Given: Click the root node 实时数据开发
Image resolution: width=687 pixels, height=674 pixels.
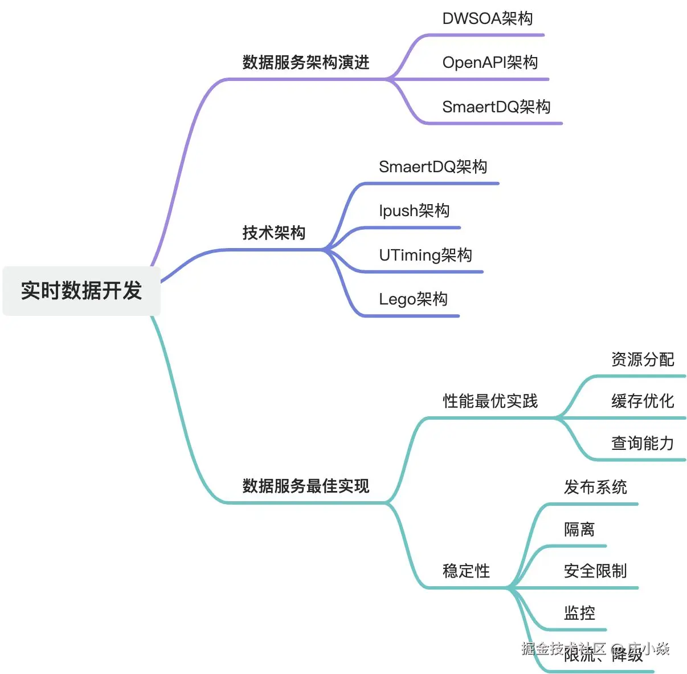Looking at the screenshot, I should (x=81, y=291).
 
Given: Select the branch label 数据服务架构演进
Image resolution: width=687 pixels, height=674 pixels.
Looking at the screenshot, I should (x=306, y=62).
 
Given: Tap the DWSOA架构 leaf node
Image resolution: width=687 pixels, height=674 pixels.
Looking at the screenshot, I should (x=488, y=19).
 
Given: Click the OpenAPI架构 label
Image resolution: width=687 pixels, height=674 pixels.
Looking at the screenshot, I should (x=490, y=63).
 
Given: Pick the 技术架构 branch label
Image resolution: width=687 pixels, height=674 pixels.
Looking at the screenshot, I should (x=274, y=233).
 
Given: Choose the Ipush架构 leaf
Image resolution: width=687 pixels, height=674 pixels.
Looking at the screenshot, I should (x=414, y=211).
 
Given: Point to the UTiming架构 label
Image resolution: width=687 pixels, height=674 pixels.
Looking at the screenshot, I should (x=426, y=255).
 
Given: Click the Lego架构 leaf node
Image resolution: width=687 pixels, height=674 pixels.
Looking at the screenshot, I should (x=413, y=299).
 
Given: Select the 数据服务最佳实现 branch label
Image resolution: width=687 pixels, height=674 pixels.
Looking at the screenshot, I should (x=306, y=486).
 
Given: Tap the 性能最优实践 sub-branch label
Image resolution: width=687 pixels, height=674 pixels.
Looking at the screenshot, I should (x=490, y=401).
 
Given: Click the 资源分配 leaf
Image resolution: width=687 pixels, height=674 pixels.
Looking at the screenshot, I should (x=643, y=359).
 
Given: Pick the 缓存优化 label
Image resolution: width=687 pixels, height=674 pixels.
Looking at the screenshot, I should (x=643, y=401).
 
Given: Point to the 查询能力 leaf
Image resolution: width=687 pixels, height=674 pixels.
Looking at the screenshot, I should (x=643, y=443).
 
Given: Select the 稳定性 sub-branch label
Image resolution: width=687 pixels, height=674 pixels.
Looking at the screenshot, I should (x=466, y=571).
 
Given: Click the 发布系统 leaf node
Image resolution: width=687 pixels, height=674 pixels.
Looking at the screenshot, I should (x=595, y=487).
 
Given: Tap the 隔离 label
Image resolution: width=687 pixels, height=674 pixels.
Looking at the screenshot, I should (x=579, y=529).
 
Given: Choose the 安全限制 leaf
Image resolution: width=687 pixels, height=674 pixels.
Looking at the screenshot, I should (x=595, y=571).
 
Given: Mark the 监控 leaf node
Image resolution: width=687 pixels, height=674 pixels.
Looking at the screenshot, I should (x=579, y=613).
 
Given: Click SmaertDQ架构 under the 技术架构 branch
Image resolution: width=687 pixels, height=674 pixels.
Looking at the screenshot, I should (x=433, y=167).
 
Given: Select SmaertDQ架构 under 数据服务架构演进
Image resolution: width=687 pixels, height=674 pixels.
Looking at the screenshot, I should (x=496, y=107).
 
